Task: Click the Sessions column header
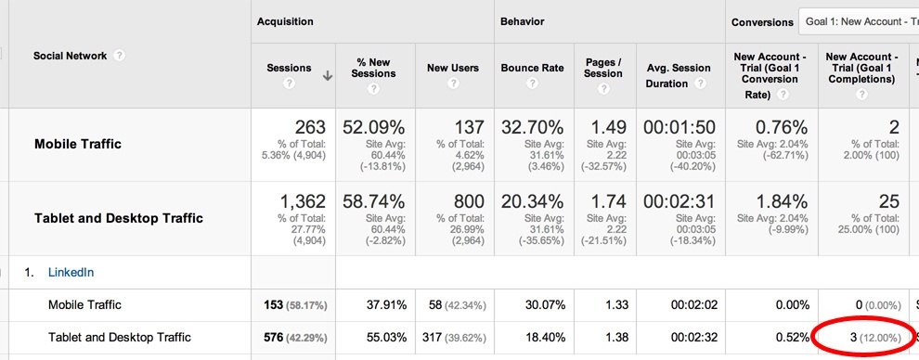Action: pyautogui.click(x=289, y=68)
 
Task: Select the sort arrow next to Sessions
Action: pyautogui.click(x=328, y=77)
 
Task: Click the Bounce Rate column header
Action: pyautogui.click(x=532, y=68)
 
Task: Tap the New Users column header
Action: pyautogui.click(x=452, y=68)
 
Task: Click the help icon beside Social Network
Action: pyautogui.click(x=120, y=56)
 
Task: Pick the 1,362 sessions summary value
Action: pyautogui.click(x=294, y=201)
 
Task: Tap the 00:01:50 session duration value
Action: pyautogui.click(x=680, y=127)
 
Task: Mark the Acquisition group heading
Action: pyautogui.click(x=285, y=20)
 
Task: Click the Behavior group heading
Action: pyautogui.click(x=522, y=20)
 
